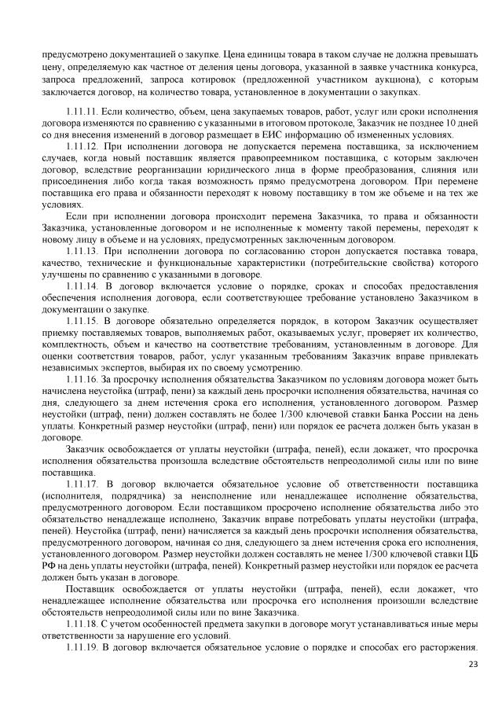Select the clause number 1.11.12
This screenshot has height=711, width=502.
click(x=82, y=147)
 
